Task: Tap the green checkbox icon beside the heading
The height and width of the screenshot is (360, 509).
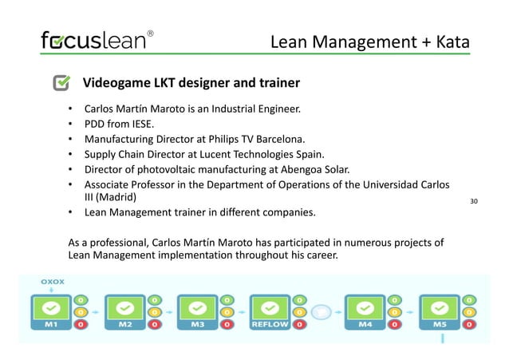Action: pyautogui.click(x=62, y=83)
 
